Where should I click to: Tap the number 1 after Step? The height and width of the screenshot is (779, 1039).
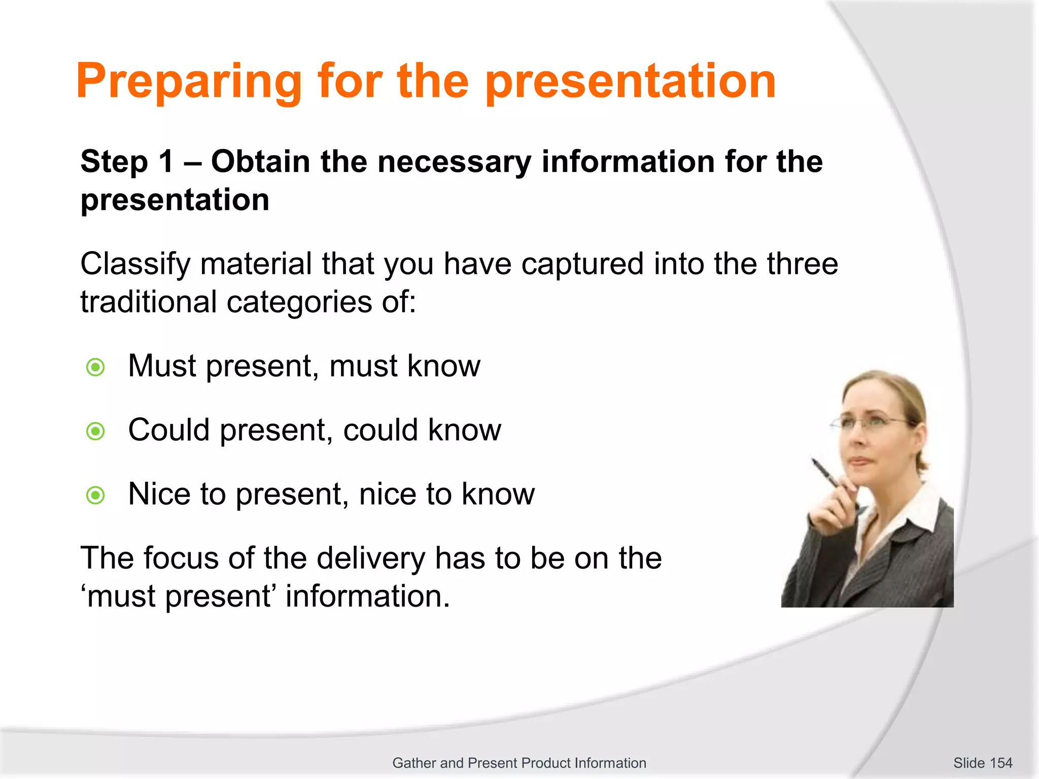(x=166, y=162)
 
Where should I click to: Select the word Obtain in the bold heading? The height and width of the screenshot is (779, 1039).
(x=260, y=162)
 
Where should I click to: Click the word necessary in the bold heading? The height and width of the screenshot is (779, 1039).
(x=454, y=162)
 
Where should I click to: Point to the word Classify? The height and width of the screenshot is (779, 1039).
(x=134, y=265)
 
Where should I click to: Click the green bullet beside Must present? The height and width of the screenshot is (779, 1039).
(x=95, y=367)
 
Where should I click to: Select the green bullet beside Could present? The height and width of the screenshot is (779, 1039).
(x=95, y=432)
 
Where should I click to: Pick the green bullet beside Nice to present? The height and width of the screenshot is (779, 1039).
(x=95, y=495)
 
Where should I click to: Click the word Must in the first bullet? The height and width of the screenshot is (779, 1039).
(x=161, y=366)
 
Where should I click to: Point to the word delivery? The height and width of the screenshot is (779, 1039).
(x=370, y=558)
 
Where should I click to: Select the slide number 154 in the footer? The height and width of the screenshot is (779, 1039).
(x=1000, y=763)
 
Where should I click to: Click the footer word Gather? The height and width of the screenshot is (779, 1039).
(x=414, y=763)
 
